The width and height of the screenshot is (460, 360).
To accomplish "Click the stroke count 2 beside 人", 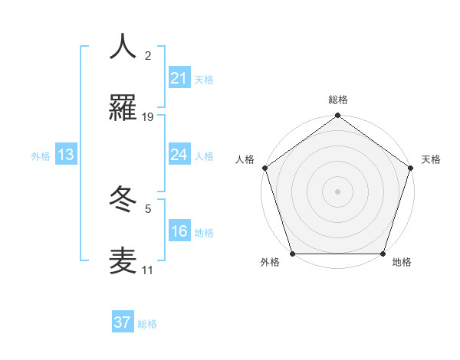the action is (148, 56).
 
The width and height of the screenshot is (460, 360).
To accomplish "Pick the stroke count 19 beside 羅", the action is (148, 117).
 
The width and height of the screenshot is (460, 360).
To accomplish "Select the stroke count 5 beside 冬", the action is (148, 208).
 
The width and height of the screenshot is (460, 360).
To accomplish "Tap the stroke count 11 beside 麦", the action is (148, 270).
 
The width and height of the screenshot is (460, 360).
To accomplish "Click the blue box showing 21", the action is (179, 78).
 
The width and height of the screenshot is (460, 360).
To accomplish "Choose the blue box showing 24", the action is (179, 155).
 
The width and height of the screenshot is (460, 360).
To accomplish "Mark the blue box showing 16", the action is (179, 231).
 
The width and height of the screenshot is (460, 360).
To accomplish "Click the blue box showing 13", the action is (66, 155).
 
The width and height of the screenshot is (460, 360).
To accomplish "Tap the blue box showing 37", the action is (123, 322).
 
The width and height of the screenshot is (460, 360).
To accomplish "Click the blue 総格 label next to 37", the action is (147, 324).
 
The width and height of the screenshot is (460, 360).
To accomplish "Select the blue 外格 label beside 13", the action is (41, 156).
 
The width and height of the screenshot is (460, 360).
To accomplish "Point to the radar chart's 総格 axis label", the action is (337, 100).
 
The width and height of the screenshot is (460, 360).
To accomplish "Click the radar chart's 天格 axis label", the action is (431, 159).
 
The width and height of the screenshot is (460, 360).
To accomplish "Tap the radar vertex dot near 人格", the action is (264, 168).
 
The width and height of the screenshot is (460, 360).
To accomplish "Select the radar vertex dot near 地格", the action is (383, 254).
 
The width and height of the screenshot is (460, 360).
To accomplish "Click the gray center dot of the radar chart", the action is (337, 191).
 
